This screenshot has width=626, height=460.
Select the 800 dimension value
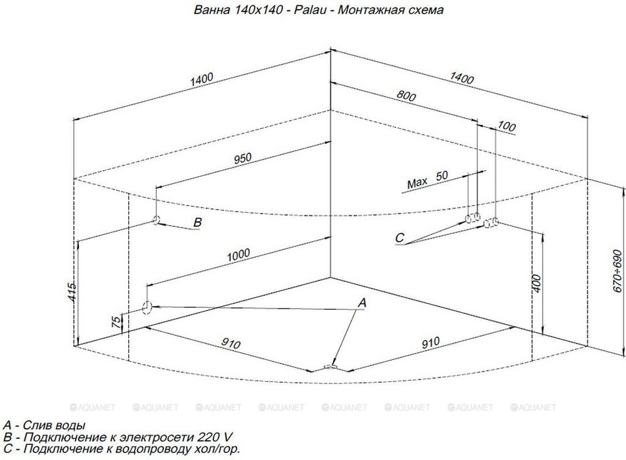406,96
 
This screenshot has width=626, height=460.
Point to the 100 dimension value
506,126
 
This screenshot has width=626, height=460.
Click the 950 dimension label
243,158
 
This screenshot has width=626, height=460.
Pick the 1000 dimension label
239,255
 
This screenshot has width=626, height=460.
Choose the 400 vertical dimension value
536,284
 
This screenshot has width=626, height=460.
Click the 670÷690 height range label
617,271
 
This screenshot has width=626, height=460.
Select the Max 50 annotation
428,180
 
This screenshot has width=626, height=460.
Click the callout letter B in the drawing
197,222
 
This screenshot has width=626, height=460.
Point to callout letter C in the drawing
399,238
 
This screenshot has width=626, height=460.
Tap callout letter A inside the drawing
362,303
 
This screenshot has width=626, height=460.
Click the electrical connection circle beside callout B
156,220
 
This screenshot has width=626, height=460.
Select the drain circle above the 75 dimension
147,307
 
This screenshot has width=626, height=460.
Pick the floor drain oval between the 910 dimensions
331,365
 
